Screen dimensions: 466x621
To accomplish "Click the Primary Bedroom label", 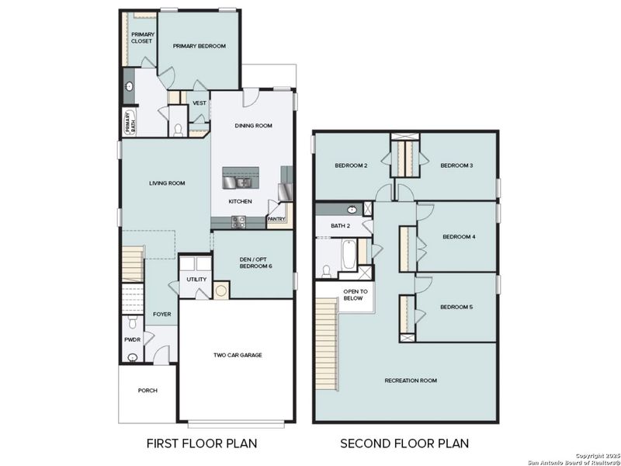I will pyautogui.click(x=199, y=47).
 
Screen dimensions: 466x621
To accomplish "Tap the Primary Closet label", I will pyautogui.click(x=141, y=38).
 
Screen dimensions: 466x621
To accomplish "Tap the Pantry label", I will pyautogui.click(x=276, y=219).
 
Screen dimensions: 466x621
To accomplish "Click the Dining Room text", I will pyautogui.click(x=254, y=126).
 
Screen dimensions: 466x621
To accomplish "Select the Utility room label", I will pyautogui.click(x=196, y=280).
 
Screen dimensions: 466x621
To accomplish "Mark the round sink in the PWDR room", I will pyautogui.click(x=133, y=357).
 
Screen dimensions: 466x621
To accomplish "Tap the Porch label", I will pyautogui.click(x=147, y=391).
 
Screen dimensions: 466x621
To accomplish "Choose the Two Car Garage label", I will pyautogui.click(x=238, y=355).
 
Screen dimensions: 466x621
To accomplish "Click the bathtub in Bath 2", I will pyautogui.click(x=349, y=255).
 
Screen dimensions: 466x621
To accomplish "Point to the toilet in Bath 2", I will pyautogui.click(x=327, y=270).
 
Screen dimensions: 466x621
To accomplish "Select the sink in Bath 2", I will pyautogui.click(x=352, y=210).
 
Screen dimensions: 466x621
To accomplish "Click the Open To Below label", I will pyautogui.click(x=353, y=294).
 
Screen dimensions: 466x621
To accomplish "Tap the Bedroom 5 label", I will pyautogui.click(x=456, y=308).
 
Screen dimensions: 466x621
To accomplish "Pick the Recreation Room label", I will pyautogui.click(x=411, y=381).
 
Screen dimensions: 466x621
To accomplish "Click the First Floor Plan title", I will pyautogui.click(x=202, y=443).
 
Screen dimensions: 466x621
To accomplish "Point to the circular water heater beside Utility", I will pyautogui.click(x=221, y=291).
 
